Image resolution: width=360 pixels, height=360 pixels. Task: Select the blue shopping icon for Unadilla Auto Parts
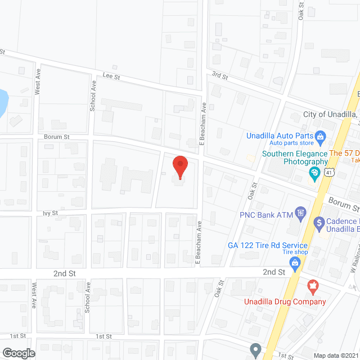(x=320, y=136)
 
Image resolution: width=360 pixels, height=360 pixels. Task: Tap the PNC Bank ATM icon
(x=301, y=213)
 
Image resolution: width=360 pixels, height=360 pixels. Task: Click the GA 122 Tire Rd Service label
(x=268, y=245)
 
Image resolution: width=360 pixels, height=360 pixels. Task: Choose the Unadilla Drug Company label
(x=285, y=301)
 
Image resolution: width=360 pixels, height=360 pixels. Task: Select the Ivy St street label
(x=50, y=213)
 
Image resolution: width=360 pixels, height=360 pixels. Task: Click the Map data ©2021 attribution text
(x=335, y=355)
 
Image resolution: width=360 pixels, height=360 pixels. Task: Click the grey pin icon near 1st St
(x=255, y=350)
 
